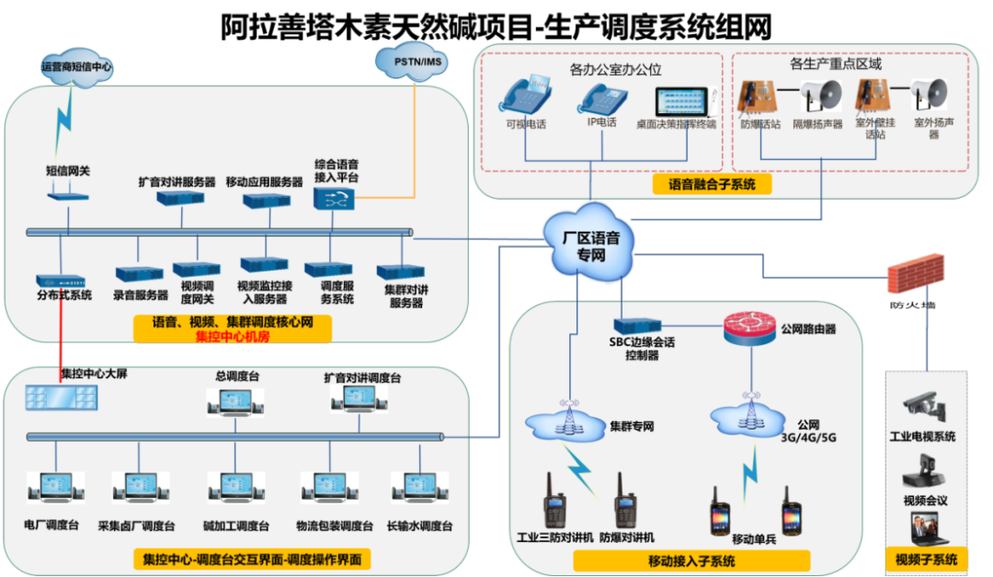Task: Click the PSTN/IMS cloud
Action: pyautogui.click(x=412, y=62)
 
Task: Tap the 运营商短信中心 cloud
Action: pyautogui.click(x=77, y=67)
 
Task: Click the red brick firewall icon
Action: pyautogui.click(x=915, y=273)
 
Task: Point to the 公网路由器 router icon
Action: pyautogui.click(x=750, y=328)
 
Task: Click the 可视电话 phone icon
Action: pyautogui.click(x=525, y=97)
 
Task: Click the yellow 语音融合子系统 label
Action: pyautogui.click(x=713, y=184)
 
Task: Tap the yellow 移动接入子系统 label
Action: pyautogui.click(x=691, y=560)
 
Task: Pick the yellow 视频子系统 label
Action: pyautogui.click(x=926, y=559)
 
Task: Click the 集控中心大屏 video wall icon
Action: pyautogui.click(x=62, y=397)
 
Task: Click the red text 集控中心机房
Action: pyautogui.click(x=233, y=337)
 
